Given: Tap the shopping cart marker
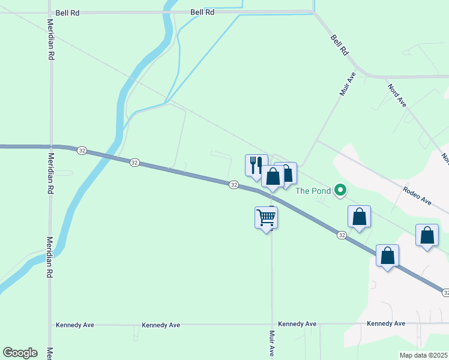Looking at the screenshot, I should pos(266,218).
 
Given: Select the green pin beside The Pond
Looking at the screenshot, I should pos(340,191).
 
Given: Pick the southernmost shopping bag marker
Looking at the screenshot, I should pos(388,256).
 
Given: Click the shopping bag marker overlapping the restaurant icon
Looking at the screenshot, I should pos(273,177).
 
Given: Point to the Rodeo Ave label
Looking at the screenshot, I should pos(418,196).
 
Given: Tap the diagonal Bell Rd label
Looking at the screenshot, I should pos(339,45).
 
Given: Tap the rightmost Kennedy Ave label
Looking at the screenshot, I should pos(386,323).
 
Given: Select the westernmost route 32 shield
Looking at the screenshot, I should pos(82,151).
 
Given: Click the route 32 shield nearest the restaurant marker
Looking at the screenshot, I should pos(234,185).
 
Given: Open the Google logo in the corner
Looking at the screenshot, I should pos(20,353).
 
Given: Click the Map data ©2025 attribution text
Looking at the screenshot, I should pos(424,355).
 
